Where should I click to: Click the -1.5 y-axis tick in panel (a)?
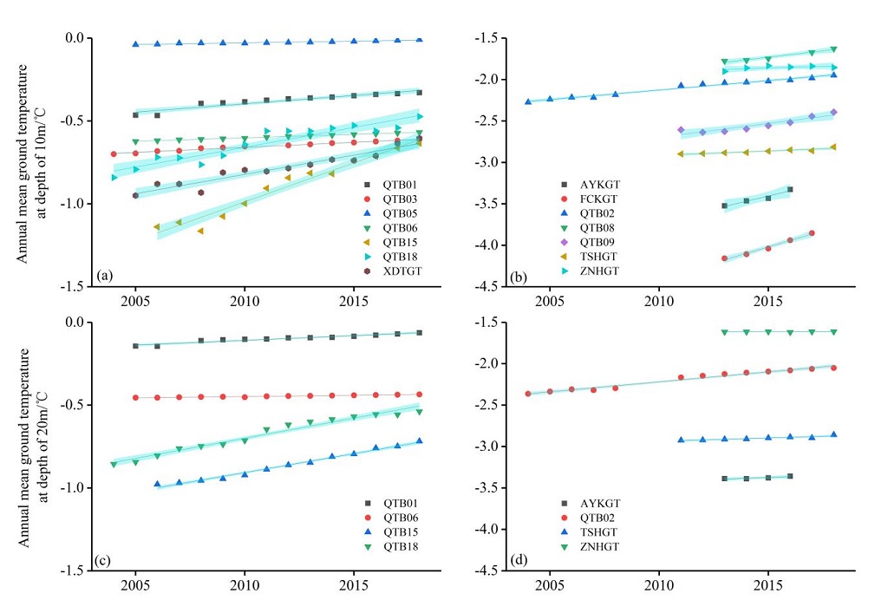[x=76, y=286]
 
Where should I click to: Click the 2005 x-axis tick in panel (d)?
[x=550, y=587]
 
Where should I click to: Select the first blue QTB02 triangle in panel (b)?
[x=528, y=101]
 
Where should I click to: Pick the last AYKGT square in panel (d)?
[x=790, y=476]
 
